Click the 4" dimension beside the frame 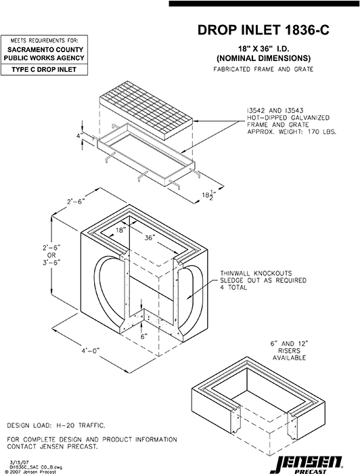coord(79,135)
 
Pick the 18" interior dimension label coord(119,230)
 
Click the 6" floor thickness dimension coord(143,335)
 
